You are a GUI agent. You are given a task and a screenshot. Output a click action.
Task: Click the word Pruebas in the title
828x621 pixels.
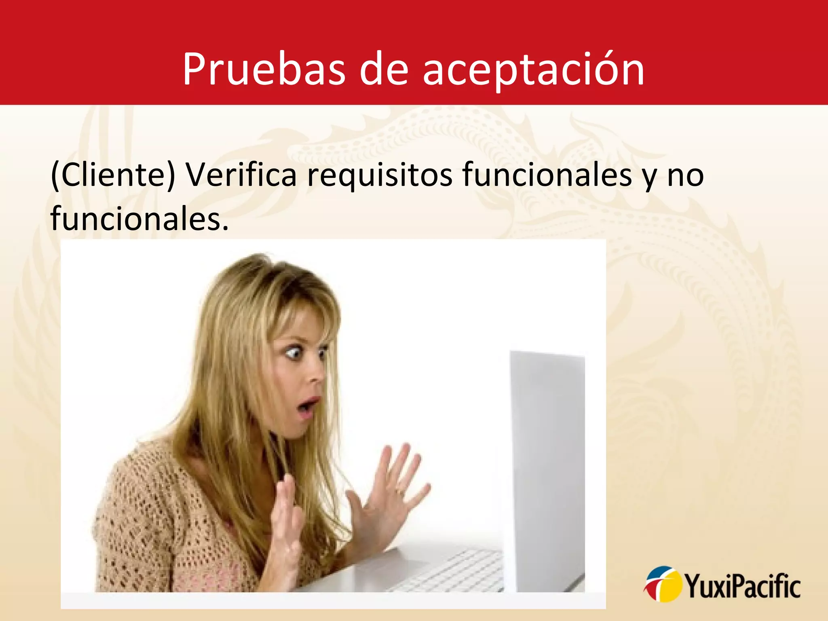(264, 70)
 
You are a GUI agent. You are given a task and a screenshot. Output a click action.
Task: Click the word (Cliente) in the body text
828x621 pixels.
(113, 175)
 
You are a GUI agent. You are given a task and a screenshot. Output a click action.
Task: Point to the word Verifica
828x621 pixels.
(241, 175)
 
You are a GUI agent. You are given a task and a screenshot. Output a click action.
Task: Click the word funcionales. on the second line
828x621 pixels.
(139, 218)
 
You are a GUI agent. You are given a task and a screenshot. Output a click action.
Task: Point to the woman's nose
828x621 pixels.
(315, 376)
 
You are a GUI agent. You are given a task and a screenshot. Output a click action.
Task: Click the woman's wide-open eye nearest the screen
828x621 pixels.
(322, 355)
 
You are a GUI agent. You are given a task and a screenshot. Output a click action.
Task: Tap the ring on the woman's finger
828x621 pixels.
(399, 492)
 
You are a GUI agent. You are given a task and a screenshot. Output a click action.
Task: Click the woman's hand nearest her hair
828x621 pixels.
(288, 522)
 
